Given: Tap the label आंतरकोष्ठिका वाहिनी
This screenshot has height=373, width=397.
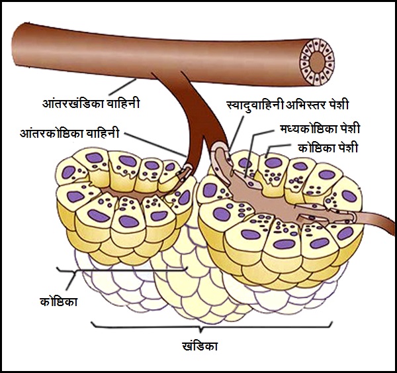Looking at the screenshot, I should click(x=69, y=133).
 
